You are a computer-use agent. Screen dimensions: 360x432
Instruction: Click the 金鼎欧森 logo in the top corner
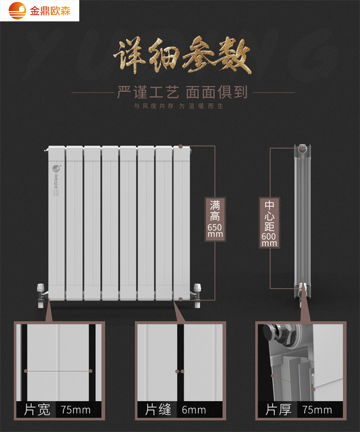pos(40,10)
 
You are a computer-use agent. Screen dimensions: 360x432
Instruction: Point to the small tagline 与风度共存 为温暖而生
pos(180,107)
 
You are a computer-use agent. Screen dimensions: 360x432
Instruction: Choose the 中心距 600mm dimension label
pos(269,223)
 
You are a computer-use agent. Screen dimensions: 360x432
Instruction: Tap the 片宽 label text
pos(37,410)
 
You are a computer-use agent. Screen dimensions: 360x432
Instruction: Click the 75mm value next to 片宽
pos(76,410)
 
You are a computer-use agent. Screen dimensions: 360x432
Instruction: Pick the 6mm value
pos(194,410)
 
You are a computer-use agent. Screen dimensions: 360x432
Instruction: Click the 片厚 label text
pos(278,410)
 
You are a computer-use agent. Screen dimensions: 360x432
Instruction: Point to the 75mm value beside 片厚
pos(317,410)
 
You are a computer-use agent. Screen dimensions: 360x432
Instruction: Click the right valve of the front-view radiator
pos(197,294)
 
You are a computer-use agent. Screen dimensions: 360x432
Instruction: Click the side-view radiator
pos(303,223)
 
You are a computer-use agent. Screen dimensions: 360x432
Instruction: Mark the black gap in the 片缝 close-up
pos(180,364)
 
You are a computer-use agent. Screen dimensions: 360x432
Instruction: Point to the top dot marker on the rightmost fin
pos(181,147)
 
